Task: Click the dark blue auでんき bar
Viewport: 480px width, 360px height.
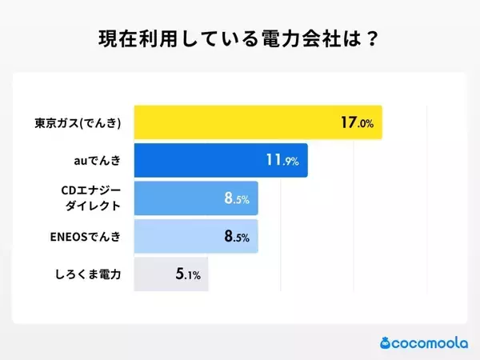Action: [220, 160]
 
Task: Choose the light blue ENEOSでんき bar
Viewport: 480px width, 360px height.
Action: [196, 237]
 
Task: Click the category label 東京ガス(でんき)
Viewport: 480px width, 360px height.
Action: [78, 123]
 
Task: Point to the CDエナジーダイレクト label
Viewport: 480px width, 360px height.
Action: [90, 198]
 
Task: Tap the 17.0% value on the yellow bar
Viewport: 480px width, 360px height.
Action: [357, 123]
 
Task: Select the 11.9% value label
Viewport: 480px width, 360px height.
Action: [282, 161]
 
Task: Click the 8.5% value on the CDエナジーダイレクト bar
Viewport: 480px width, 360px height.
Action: [237, 198]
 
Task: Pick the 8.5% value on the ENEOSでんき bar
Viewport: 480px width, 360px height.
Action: [237, 237]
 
